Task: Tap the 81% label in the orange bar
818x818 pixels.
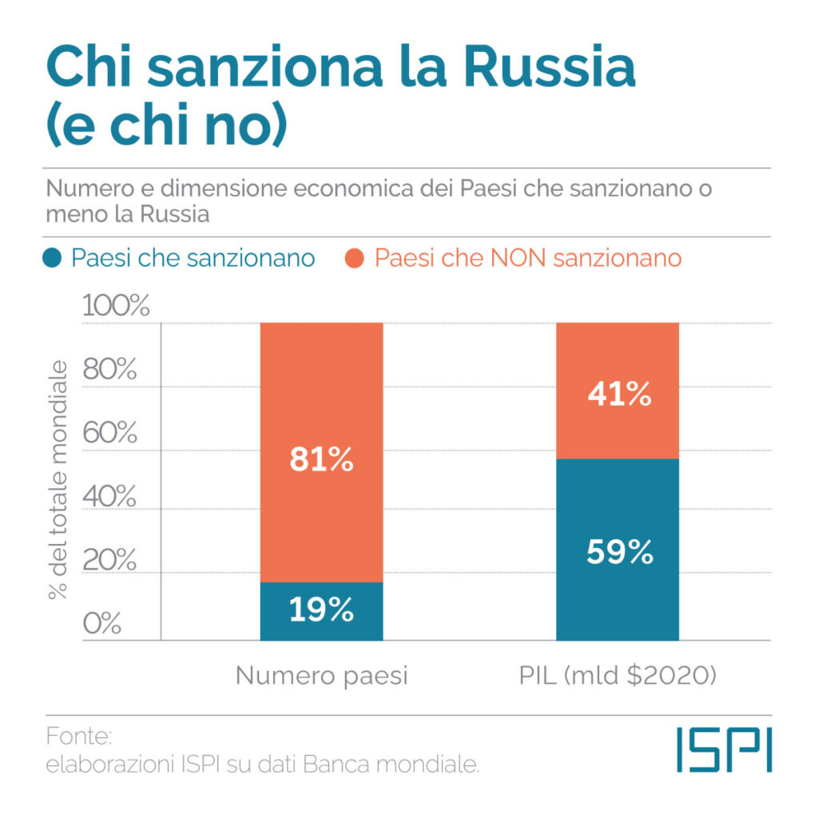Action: coord(321,460)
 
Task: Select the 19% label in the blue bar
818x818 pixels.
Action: coord(321,610)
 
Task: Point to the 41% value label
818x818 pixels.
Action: coord(617,394)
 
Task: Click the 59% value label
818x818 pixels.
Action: coord(617,553)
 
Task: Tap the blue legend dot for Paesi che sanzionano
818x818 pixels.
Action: coord(53,259)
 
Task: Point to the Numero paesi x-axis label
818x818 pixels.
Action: coord(321,676)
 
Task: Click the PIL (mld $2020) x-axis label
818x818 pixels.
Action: coord(617,676)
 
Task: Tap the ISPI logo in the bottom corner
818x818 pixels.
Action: coord(724,749)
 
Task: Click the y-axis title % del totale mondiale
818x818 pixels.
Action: coord(58,479)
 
